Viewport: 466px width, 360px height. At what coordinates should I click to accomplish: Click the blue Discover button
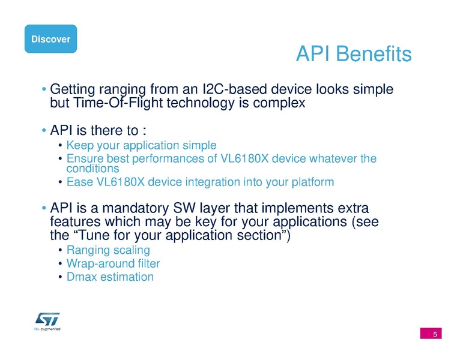tap(50, 40)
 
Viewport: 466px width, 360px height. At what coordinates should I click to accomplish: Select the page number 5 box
tap(431, 334)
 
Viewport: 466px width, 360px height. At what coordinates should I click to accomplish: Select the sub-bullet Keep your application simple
tap(141, 145)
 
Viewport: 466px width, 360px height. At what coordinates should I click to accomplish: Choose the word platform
tap(309, 181)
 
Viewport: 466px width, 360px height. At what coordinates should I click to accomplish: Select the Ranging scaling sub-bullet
tap(108, 250)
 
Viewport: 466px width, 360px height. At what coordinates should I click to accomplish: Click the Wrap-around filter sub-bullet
tap(113, 263)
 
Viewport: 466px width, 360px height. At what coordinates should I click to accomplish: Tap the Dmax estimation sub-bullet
tap(110, 277)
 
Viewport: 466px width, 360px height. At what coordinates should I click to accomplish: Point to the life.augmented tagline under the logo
tap(47, 329)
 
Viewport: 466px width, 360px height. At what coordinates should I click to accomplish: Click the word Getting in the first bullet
tap(74, 90)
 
